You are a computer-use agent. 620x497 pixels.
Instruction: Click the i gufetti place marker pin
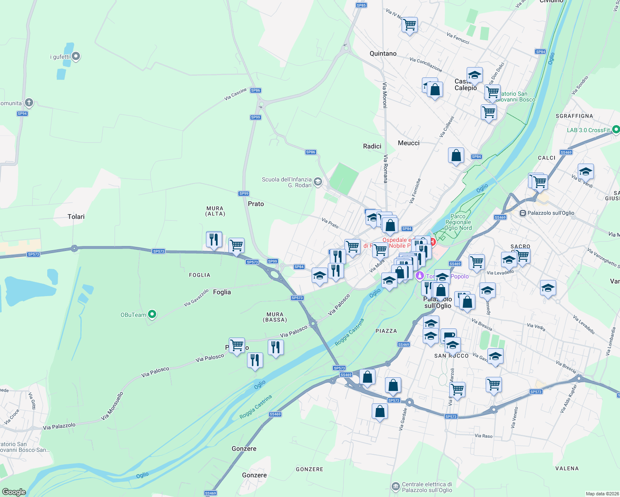76,56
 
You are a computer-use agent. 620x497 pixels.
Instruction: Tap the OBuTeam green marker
152,314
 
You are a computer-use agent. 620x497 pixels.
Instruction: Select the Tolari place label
76,217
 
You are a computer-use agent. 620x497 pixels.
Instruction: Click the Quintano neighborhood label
383,53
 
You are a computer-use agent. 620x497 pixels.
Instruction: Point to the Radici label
372,146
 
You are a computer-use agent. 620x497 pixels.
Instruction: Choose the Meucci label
409,143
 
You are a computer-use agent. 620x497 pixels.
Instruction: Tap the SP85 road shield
361,5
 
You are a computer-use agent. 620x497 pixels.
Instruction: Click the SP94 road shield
22,113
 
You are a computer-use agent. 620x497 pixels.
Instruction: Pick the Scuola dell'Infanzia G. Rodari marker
318,182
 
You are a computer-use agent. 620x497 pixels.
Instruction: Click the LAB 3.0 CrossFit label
588,130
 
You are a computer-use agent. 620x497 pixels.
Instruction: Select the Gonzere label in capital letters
310,469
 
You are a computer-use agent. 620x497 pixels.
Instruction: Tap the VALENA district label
567,468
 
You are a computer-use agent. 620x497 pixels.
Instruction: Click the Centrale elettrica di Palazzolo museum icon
396,486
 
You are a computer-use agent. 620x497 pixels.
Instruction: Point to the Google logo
14,492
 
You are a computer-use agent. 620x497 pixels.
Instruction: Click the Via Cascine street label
235,94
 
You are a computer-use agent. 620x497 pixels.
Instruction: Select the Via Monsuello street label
112,406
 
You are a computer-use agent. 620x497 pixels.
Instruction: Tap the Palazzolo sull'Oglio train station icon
523,213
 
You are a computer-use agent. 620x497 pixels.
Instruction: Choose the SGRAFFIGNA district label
574,116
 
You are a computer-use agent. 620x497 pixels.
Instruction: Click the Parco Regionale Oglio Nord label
458,222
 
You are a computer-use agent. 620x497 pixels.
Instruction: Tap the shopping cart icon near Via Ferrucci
409,24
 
